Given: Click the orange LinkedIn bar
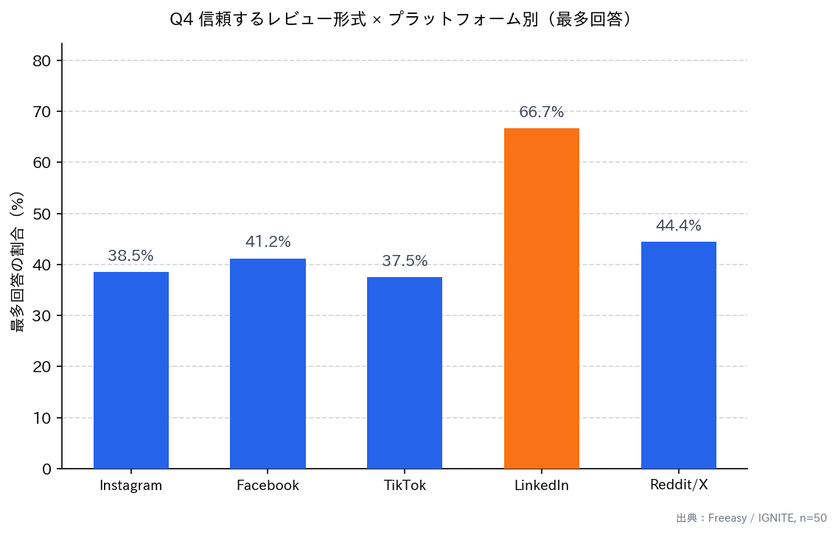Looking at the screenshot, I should pos(541,298).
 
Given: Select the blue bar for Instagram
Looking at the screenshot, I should pos(131,370).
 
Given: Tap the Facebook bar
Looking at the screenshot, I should pos(268,363).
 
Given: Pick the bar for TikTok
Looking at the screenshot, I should pos(405,373).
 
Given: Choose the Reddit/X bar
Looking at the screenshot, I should pos(678,355).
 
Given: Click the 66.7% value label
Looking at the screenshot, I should pos(541,113).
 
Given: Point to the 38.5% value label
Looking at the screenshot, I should pos(131,256).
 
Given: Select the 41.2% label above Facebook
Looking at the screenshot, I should pos(268,242).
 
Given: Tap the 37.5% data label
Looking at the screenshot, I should pos(405,262).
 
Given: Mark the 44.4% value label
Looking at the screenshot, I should pos(678,226).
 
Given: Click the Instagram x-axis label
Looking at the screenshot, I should pos(131,486).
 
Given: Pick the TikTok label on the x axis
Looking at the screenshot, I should pos(405,486).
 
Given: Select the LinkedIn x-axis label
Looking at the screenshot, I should pos(541,486).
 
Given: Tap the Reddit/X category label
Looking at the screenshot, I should pos(678,485).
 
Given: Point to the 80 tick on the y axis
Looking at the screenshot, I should pos(42,61).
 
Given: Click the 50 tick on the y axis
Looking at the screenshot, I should pos(42,214).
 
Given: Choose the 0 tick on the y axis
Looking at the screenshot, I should pos(46,469).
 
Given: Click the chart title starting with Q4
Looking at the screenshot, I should pos(402,20).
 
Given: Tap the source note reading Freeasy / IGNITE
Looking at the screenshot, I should pos(751,519).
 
